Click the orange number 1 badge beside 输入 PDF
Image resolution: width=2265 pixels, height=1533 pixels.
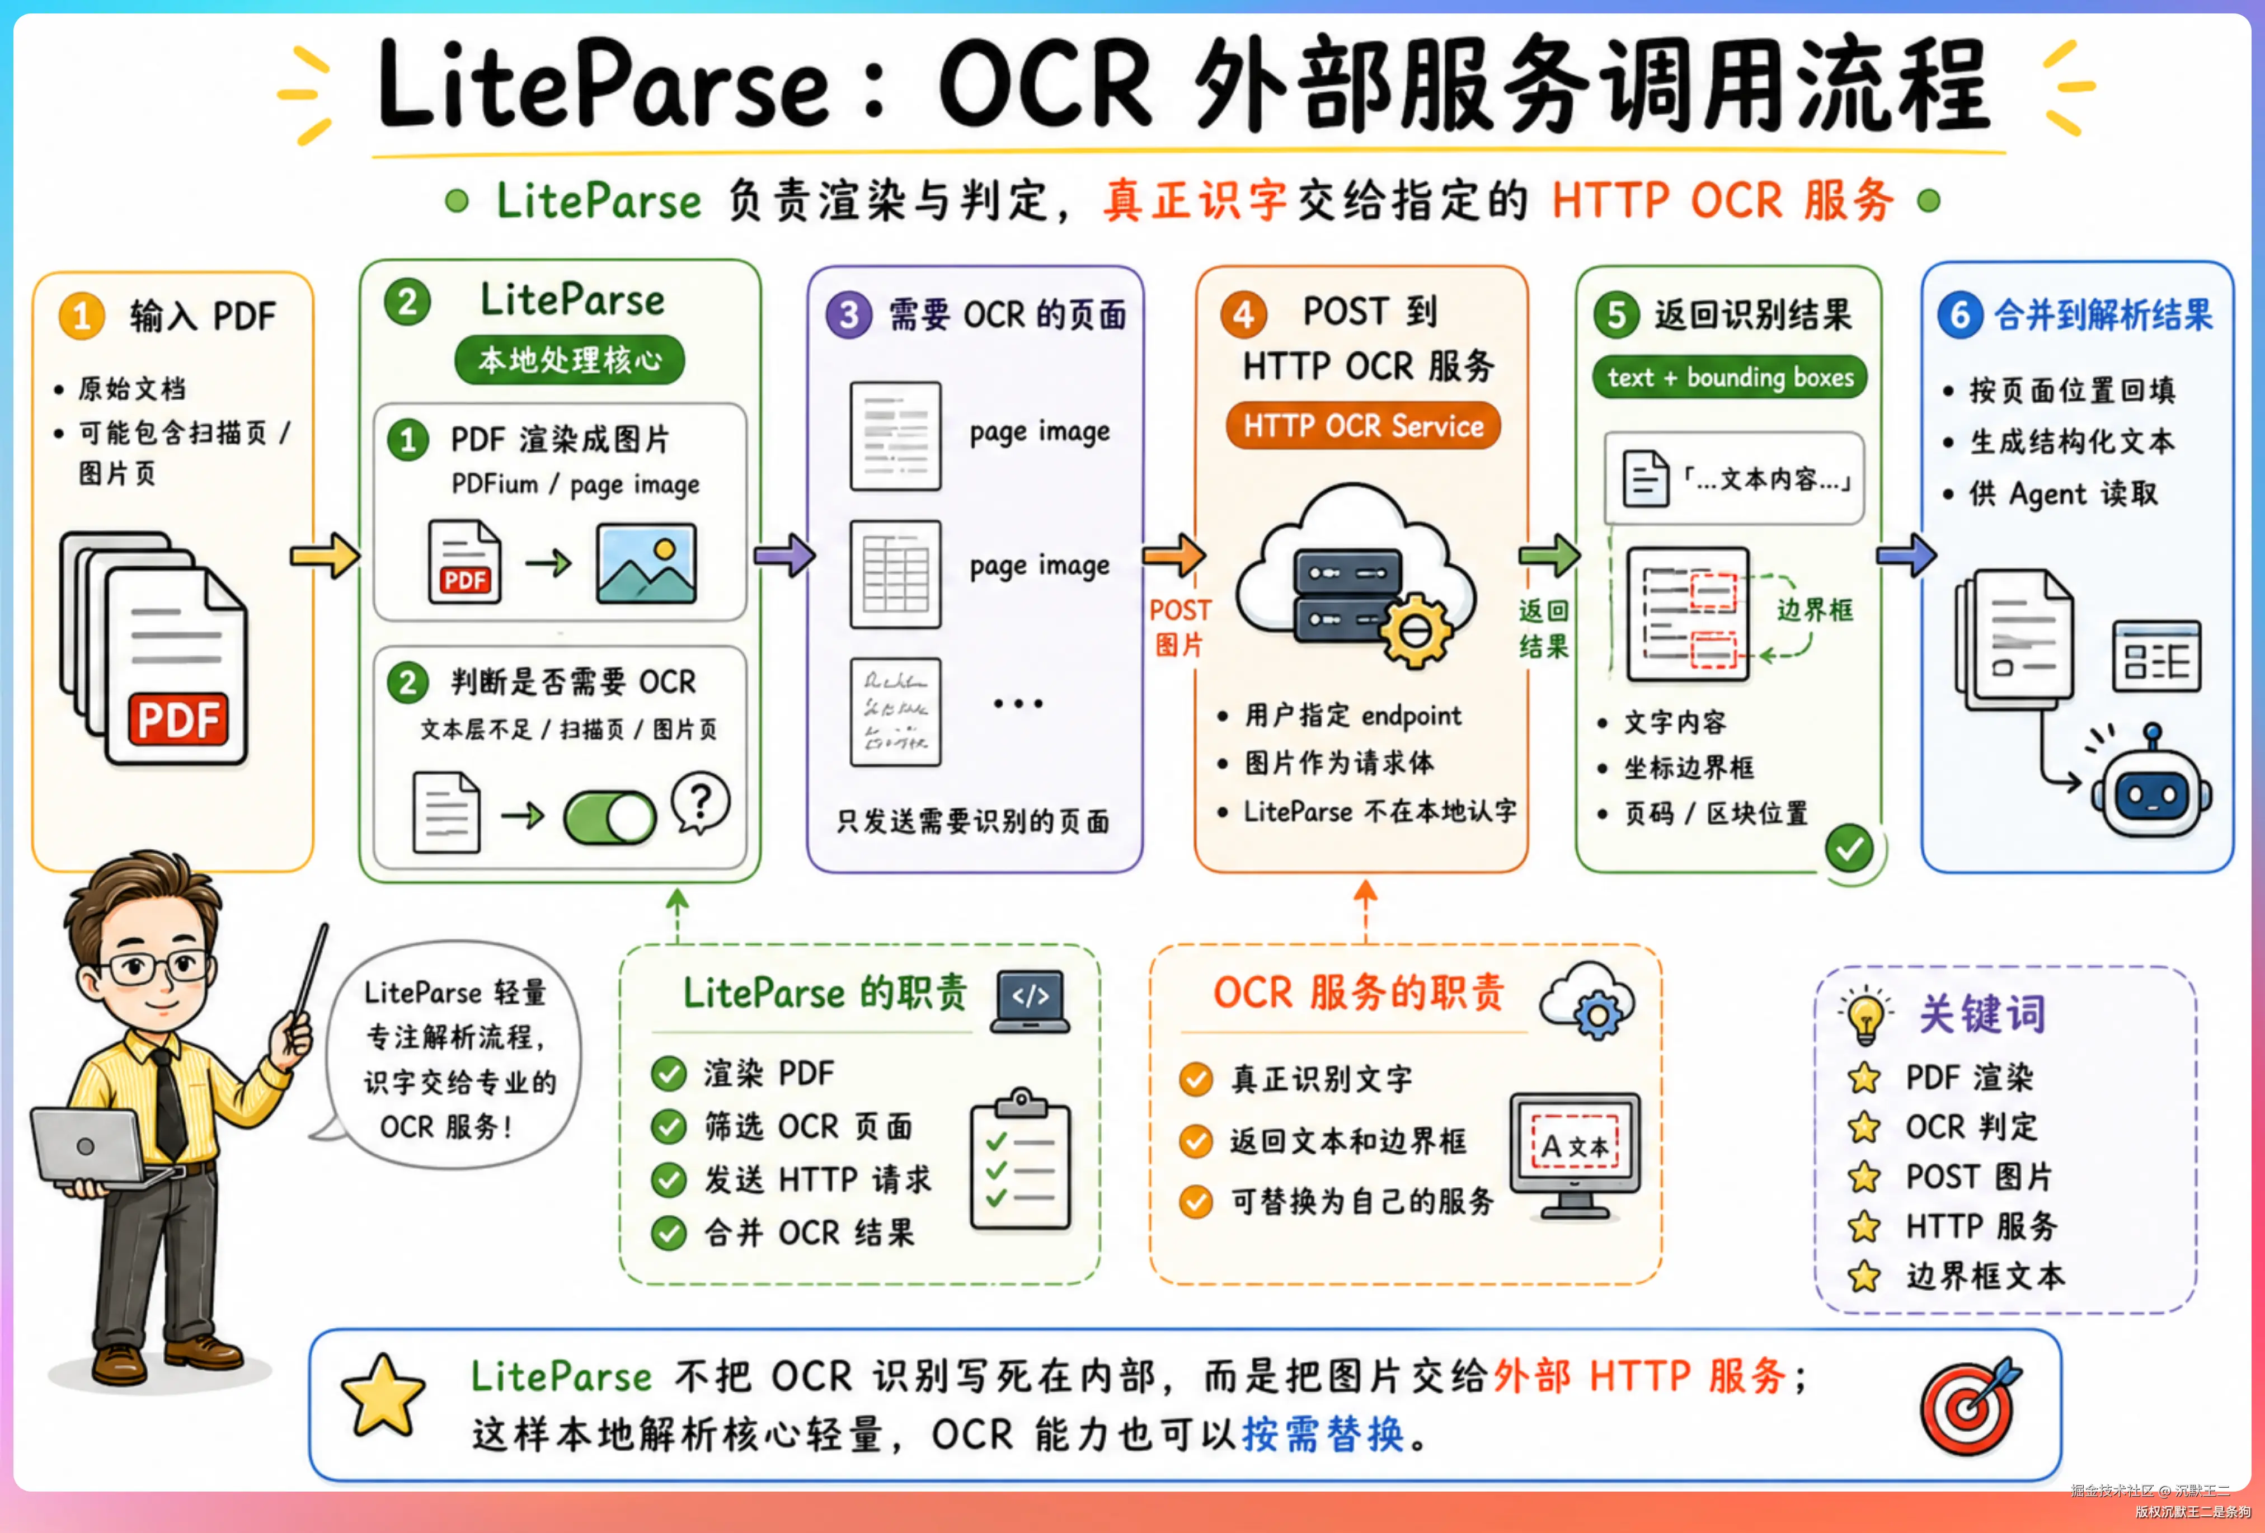82,316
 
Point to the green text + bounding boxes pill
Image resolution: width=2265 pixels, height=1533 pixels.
1730,377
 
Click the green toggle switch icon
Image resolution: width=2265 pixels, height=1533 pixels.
609,817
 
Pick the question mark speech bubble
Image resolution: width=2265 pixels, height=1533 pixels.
701,802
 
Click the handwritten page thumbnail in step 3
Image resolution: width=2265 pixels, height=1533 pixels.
895,712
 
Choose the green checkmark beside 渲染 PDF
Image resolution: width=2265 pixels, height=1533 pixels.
669,1074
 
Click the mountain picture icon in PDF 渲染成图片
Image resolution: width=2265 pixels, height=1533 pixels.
646,563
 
